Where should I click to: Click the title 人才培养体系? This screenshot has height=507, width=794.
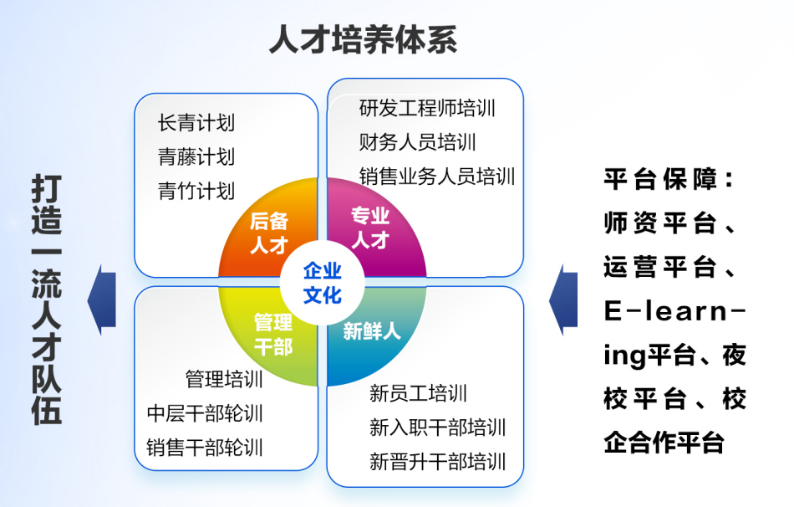pos(363,40)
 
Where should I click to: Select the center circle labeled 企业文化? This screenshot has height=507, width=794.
pos(322,282)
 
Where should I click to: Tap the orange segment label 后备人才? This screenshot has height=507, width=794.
pos(268,233)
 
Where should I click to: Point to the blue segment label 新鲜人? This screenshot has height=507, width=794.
pos(372,330)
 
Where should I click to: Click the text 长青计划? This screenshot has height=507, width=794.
pos(196,123)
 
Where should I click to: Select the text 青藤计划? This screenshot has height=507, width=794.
pos(196,156)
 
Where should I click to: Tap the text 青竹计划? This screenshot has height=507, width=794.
pos(196,190)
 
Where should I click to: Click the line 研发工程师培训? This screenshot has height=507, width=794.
pos(427,108)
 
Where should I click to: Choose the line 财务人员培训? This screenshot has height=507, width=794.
pos(417,142)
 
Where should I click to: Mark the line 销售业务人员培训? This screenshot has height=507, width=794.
pos(437,176)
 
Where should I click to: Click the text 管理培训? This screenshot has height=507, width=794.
pos(224,379)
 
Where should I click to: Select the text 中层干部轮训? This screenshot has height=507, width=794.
pos(205,413)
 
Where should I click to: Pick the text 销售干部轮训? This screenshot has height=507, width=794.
pos(205,447)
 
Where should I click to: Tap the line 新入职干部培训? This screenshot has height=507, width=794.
pos(437,428)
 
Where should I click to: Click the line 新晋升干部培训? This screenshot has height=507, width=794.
pos(437,461)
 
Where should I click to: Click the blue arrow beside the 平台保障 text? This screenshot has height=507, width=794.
pos(564,299)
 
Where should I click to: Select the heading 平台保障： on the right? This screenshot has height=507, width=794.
pos(669,179)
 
